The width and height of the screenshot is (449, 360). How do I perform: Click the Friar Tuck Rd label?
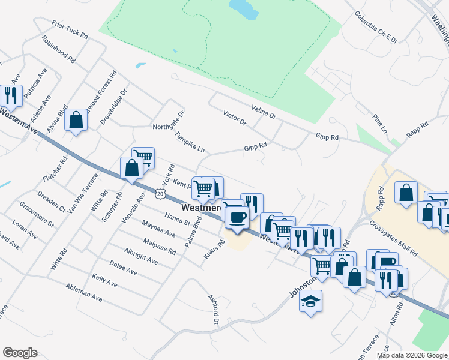click(70, 29)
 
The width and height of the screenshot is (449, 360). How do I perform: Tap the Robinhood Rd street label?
click(58, 50)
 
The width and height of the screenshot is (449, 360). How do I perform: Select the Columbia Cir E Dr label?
click(376, 27)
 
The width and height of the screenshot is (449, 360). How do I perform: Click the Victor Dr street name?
click(235, 118)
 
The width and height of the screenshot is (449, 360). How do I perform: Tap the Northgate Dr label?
click(169, 119)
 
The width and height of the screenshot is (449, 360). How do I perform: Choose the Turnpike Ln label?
click(190, 141)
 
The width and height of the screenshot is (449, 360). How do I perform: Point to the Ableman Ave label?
click(84, 292)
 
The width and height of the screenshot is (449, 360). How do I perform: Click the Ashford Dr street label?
click(213, 309)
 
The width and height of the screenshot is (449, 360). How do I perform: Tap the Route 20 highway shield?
click(159, 193)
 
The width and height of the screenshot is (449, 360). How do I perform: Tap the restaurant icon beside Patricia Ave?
click(11, 95)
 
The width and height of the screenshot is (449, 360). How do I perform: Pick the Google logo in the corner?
click(20, 352)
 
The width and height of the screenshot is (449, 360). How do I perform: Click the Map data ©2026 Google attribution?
click(411, 355)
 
